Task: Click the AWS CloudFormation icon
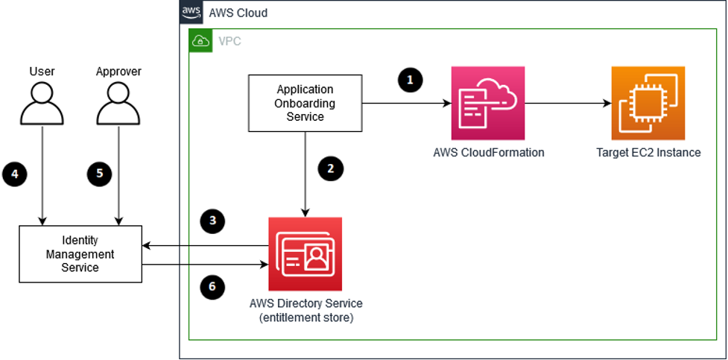click(487, 103)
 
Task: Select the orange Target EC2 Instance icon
click(648, 103)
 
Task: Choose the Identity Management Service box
click(80, 255)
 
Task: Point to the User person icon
click(42, 104)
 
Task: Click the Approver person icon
click(118, 104)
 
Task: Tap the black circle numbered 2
click(330, 169)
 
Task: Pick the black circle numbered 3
click(212, 221)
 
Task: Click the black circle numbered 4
click(14, 174)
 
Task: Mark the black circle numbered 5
click(99, 174)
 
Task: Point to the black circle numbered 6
click(212, 288)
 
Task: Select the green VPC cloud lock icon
click(199, 42)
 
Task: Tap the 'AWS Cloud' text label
click(238, 13)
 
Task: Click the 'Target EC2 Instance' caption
click(648, 153)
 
